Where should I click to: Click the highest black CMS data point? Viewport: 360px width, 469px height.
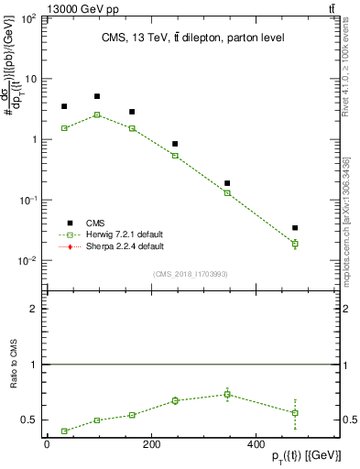click(97, 96)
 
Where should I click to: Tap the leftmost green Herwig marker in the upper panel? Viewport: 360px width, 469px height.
click(64, 128)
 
